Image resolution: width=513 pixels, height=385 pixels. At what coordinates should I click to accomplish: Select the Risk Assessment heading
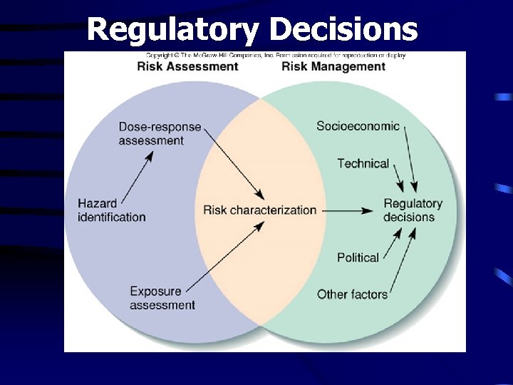point(187,67)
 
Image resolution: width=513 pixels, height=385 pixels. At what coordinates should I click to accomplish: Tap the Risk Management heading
point(333,67)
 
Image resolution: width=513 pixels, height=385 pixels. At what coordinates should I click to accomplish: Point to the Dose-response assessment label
point(160,133)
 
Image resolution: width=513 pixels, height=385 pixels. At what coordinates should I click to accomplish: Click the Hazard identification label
point(111,210)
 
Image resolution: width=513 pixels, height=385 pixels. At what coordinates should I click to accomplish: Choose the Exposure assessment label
point(162,298)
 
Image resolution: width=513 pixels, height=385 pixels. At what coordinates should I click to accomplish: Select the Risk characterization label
point(259,210)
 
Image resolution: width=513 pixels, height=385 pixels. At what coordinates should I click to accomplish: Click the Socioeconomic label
point(358,126)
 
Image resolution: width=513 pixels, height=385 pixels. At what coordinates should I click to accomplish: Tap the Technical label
point(363,163)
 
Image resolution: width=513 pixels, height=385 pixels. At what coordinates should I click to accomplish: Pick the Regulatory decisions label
point(413,210)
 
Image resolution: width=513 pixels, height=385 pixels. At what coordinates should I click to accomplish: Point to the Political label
point(358,257)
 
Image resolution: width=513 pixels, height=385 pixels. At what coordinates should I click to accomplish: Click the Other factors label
point(352,294)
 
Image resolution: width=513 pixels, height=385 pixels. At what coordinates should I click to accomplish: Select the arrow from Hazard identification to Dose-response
point(138,178)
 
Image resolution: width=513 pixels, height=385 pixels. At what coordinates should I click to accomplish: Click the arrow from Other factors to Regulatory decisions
point(403,260)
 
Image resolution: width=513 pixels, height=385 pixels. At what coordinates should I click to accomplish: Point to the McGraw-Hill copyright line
point(276,56)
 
